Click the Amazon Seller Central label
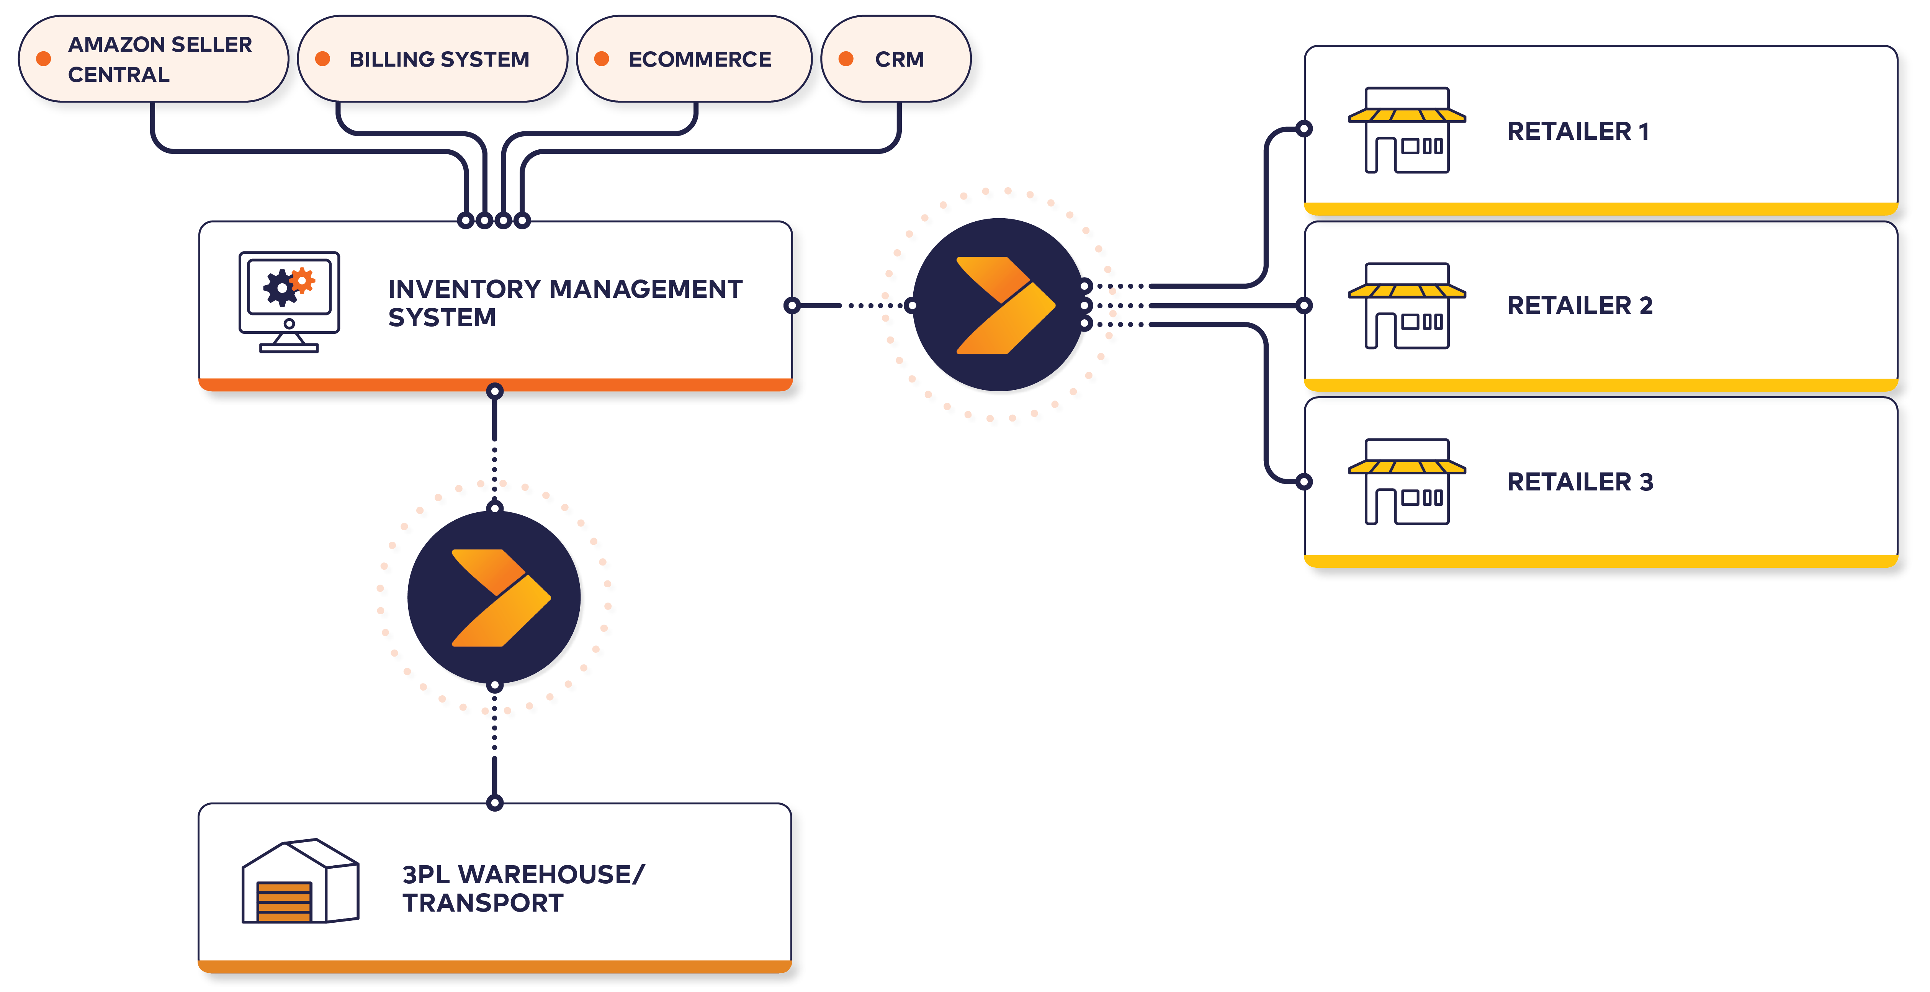(x=160, y=59)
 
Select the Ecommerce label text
(x=700, y=59)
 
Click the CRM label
(x=899, y=59)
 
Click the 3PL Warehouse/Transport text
(x=523, y=889)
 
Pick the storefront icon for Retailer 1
(x=1406, y=131)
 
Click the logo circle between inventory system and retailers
(x=999, y=305)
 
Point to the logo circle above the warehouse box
(x=494, y=597)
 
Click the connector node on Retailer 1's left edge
(x=1304, y=129)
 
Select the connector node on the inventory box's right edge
(x=792, y=305)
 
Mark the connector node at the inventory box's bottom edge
(x=494, y=391)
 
